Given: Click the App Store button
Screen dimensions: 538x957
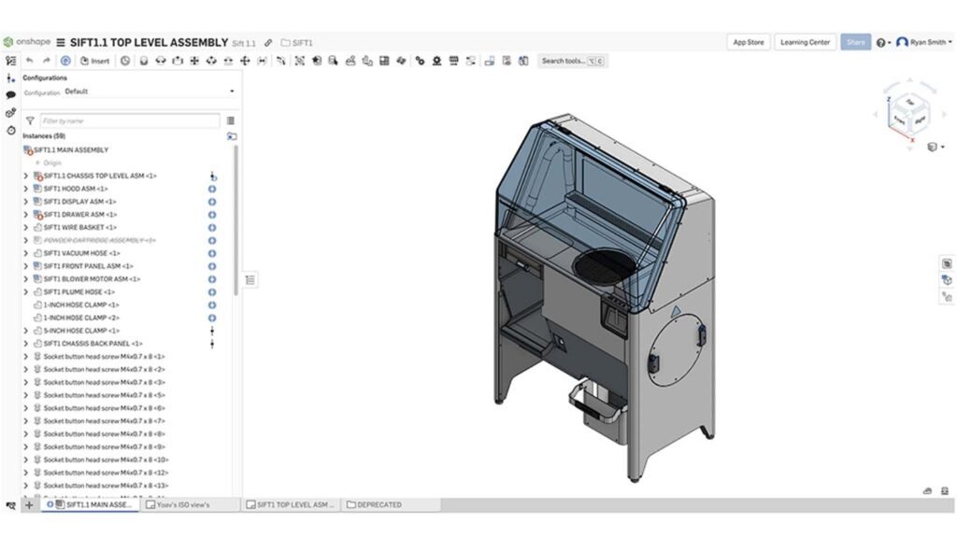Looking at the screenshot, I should (x=748, y=42).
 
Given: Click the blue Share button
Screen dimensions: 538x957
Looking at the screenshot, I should (x=855, y=42).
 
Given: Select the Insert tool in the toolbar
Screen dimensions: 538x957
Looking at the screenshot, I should (x=94, y=61).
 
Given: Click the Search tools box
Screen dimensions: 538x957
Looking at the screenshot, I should (x=571, y=61).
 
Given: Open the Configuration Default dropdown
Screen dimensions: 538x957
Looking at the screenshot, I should (x=150, y=92).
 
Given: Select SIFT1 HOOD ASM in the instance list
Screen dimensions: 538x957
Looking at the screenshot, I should (x=75, y=189).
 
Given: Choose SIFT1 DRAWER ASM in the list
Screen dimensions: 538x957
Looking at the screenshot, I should (x=79, y=215).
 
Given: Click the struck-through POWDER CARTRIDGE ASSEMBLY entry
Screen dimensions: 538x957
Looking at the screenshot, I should (x=99, y=240).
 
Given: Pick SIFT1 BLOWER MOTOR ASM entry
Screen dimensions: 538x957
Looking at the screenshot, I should (x=91, y=278).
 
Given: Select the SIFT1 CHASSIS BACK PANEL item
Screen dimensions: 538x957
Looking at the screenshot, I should (x=93, y=344).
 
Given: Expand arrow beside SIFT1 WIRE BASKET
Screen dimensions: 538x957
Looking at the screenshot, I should (x=25, y=227).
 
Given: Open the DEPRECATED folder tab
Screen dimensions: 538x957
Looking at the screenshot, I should (x=379, y=504).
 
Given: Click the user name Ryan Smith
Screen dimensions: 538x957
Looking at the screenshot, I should (x=926, y=42).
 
